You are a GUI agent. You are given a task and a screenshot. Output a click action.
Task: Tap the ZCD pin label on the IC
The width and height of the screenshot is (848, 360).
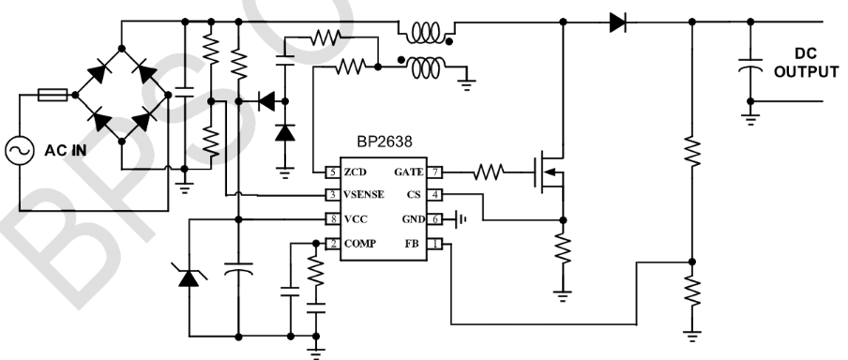[x=356, y=172]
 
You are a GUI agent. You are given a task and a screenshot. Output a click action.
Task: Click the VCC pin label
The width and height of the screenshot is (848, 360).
[x=356, y=219]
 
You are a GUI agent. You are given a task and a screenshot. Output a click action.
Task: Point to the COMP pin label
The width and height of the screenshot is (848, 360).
[x=360, y=244]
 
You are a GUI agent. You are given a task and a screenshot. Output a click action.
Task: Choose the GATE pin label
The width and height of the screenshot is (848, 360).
[x=409, y=172]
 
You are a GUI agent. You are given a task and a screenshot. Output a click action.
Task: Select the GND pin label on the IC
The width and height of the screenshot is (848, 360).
[x=413, y=219]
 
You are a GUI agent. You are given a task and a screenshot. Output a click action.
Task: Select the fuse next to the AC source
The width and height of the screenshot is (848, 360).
[x=51, y=94]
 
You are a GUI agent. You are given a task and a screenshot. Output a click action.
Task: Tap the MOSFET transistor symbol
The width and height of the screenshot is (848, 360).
[x=549, y=172]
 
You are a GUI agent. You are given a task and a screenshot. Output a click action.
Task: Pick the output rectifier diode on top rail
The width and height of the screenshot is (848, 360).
[x=616, y=21]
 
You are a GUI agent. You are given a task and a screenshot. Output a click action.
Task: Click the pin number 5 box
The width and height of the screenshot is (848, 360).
[x=331, y=172]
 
